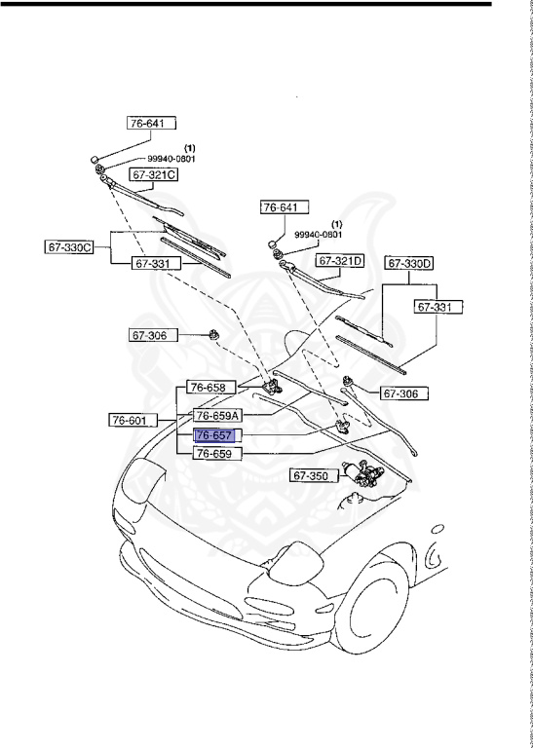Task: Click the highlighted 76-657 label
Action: (x=214, y=436)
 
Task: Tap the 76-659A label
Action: (x=217, y=414)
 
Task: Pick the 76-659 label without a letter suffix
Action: (x=214, y=453)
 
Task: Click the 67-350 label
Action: (x=310, y=475)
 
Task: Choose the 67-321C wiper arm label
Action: (x=155, y=175)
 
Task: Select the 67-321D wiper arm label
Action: (x=340, y=261)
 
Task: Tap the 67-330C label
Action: (x=69, y=246)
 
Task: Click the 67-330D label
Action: (x=409, y=263)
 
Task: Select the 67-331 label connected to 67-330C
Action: (x=157, y=263)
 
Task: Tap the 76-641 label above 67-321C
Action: (x=151, y=124)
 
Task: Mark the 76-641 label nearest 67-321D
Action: (x=283, y=206)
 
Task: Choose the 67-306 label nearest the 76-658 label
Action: (x=150, y=335)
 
